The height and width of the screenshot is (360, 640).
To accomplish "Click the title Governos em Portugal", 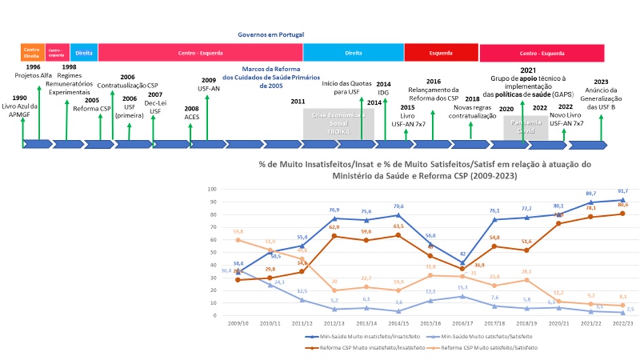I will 270,34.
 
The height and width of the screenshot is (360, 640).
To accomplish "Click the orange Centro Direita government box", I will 32,52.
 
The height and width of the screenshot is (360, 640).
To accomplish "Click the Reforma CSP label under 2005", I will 91,109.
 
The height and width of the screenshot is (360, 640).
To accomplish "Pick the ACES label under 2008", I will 192,117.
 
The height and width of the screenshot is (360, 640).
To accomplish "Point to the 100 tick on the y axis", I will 211,189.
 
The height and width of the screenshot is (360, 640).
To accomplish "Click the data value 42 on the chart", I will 462,254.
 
